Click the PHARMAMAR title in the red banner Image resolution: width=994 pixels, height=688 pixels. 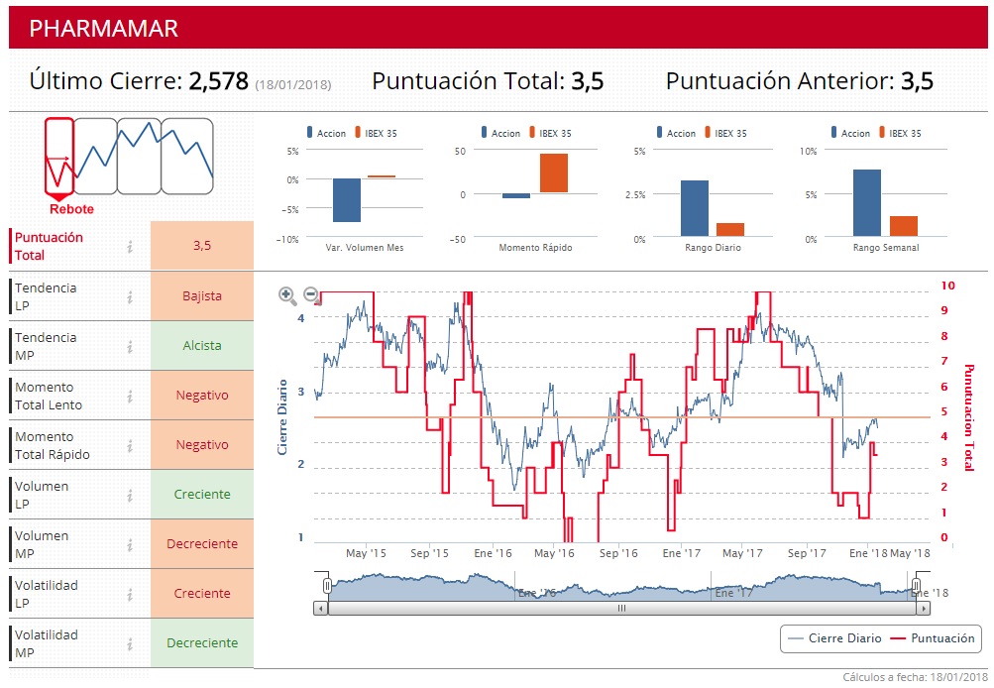click(103, 28)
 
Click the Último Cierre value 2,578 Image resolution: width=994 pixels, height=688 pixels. click(219, 81)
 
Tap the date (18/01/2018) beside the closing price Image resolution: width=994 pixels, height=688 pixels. click(293, 85)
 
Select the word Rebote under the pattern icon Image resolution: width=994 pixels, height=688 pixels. click(71, 209)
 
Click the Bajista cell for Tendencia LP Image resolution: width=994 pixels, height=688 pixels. click(202, 295)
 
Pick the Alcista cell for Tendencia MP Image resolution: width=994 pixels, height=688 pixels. click(202, 346)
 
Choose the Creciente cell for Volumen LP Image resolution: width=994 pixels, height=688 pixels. click(202, 494)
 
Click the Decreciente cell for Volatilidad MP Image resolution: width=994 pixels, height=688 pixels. click(202, 642)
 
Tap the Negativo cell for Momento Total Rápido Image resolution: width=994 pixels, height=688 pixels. click(202, 444)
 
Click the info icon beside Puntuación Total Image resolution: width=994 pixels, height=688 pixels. click(130, 246)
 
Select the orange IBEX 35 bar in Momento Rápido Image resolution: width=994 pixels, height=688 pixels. click(554, 173)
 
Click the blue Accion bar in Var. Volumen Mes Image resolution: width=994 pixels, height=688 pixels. click(347, 200)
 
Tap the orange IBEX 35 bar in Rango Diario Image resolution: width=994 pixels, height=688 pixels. click(730, 230)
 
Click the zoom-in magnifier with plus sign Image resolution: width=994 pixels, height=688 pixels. click(287, 294)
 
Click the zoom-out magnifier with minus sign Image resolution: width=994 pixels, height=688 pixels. click(310, 294)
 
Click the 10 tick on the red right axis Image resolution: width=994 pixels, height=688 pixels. click(947, 286)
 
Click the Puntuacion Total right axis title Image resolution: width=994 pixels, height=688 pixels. click(968, 411)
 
